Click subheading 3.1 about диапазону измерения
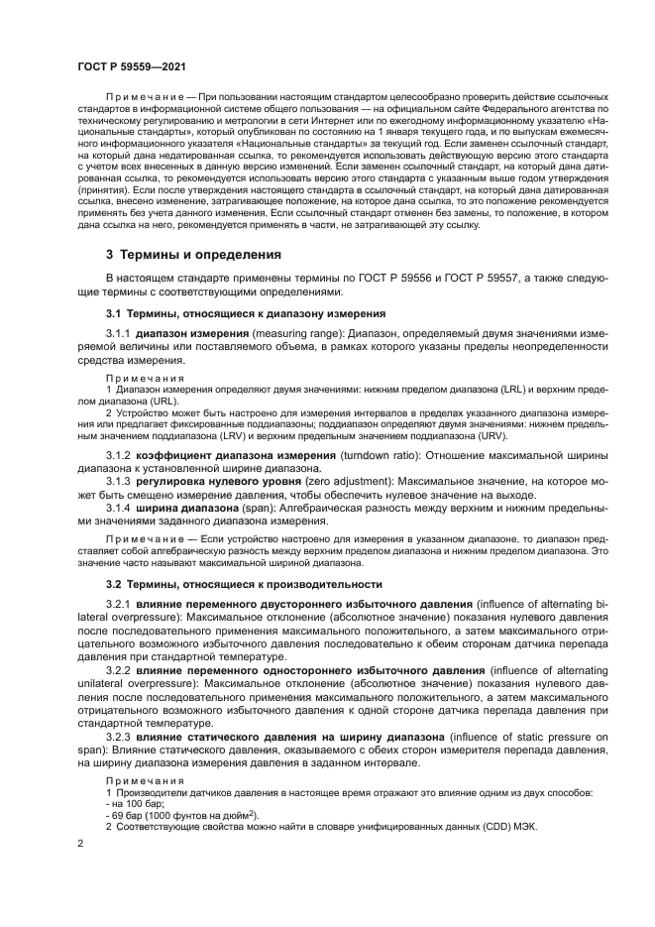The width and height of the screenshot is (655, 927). pyautogui.click(x=225, y=313)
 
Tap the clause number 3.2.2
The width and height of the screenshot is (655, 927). pyautogui.click(x=118, y=671)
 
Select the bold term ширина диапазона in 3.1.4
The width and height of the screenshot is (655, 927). pyautogui.click(x=179, y=507)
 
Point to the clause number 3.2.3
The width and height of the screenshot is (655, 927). pyautogui.click(x=118, y=738)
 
